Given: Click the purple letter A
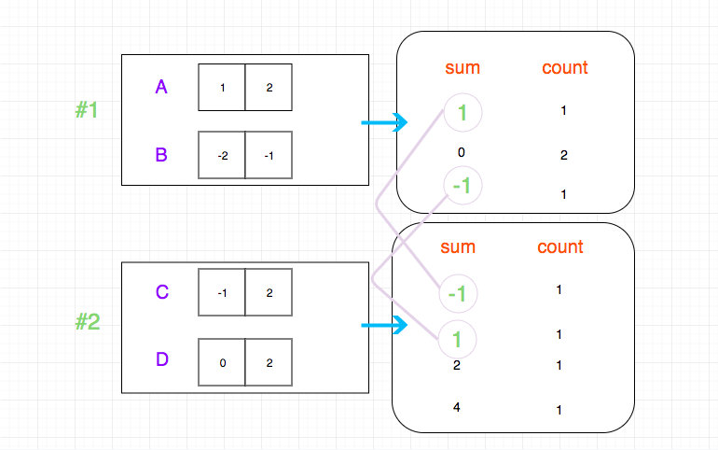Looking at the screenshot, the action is (161, 87).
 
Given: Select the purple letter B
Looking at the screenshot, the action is (161, 155).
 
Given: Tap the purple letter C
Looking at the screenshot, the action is (162, 292).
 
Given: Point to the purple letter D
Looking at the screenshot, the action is (162, 359).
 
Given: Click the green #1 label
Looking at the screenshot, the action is (87, 110).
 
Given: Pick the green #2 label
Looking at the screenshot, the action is (88, 321).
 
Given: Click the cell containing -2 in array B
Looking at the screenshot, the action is (222, 155).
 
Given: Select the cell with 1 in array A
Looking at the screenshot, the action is (222, 87).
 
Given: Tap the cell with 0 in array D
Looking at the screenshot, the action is (222, 362).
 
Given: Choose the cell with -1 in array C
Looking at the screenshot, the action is (222, 292).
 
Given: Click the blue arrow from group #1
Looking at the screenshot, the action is (384, 122).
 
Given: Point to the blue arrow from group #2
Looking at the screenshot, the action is (384, 325).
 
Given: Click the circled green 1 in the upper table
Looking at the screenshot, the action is (463, 113).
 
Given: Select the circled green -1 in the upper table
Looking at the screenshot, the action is (463, 186).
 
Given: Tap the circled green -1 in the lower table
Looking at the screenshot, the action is (458, 294).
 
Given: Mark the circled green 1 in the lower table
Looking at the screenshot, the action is (457, 340).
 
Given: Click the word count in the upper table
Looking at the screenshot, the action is (564, 68).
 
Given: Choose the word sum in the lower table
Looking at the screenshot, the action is (458, 247).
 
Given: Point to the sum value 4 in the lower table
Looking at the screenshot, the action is (457, 407).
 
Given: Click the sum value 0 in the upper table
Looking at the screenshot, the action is (462, 152).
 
